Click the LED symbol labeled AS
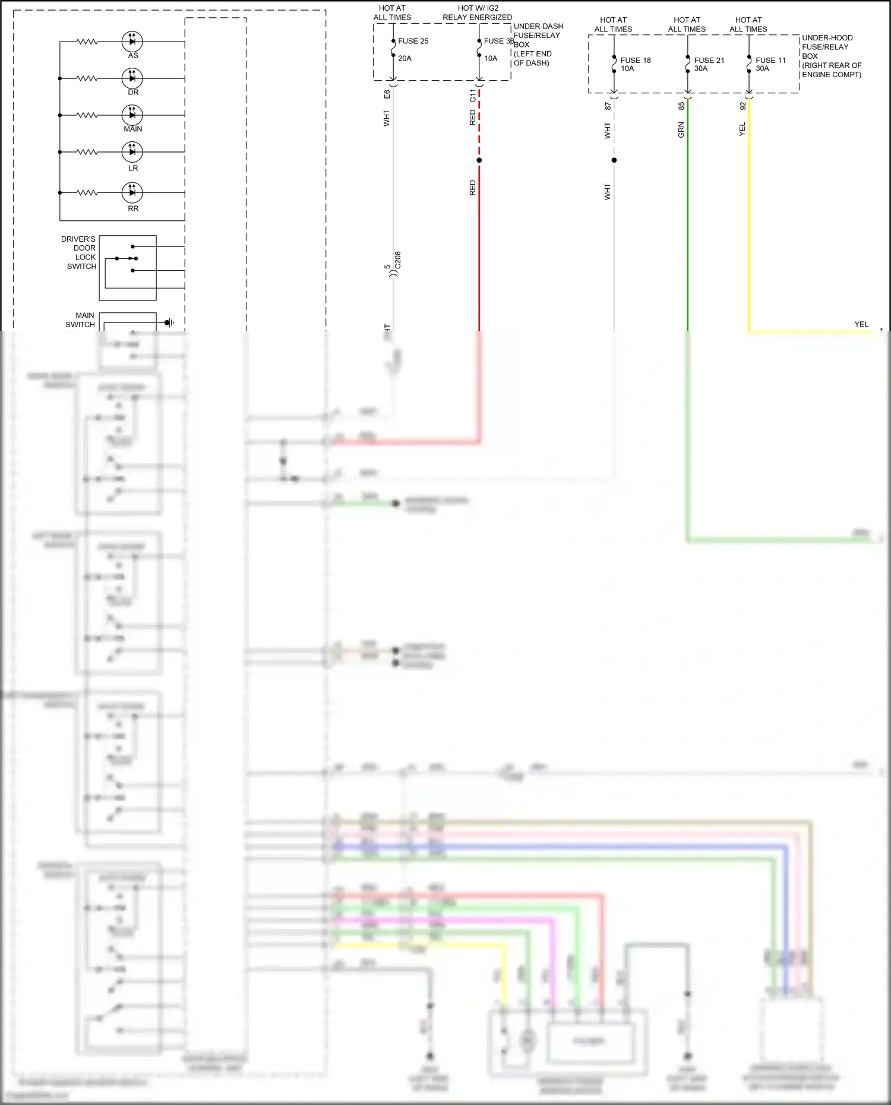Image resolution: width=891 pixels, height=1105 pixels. [x=132, y=42]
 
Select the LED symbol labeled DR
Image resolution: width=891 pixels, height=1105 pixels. [x=132, y=78]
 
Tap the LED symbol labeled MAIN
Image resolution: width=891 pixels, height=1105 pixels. [x=132, y=115]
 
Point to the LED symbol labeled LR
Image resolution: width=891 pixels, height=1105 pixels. [x=132, y=152]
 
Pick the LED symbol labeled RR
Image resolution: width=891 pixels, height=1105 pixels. [x=132, y=192]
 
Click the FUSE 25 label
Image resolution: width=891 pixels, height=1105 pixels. [x=413, y=41]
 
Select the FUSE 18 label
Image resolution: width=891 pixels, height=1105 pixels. [x=636, y=60]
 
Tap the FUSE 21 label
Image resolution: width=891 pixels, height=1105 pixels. [x=709, y=60]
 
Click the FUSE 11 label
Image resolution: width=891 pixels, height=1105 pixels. [x=770, y=60]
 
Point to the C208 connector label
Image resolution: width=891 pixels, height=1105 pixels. [x=398, y=260]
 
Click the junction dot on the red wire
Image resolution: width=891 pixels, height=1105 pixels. [x=479, y=160]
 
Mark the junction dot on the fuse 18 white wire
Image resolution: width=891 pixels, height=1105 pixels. [x=614, y=160]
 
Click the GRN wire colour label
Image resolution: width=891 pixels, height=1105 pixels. [x=681, y=130]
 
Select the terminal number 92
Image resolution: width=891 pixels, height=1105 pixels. [x=742, y=106]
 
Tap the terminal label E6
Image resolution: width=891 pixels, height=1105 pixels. [x=387, y=94]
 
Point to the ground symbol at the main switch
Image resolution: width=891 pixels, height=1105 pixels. [x=169, y=322]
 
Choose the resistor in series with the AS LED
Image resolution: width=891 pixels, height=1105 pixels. [x=87, y=42]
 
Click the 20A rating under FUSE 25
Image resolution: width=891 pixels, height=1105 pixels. [x=405, y=58]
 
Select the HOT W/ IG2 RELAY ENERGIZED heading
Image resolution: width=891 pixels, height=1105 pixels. [x=478, y=13]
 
